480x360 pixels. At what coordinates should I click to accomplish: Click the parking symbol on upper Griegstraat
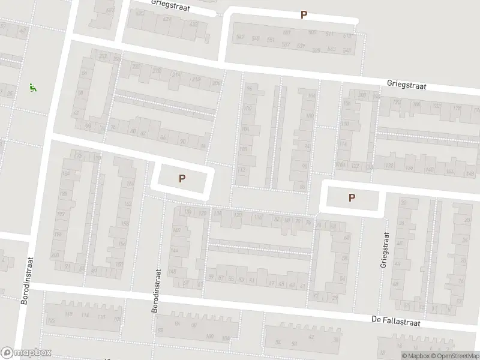coord(304,15)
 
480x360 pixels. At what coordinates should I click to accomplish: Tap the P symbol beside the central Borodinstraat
coord(182,178)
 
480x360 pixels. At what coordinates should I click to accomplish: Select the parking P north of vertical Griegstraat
coord(352,197)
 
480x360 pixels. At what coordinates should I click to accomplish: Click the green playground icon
coord(32,88)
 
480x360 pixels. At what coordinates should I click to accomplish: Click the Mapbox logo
coord(26,353)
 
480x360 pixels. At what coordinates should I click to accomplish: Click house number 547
coord(241,37)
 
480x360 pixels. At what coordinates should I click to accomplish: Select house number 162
coord(127,203)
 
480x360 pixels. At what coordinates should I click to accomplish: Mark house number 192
coord(60,214)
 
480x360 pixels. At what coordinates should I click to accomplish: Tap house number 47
coord(271,283)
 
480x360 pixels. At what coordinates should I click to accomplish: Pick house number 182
coord(437,106)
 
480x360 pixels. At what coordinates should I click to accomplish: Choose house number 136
coord(218,213)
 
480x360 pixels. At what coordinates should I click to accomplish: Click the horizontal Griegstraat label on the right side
coord(406,85)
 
